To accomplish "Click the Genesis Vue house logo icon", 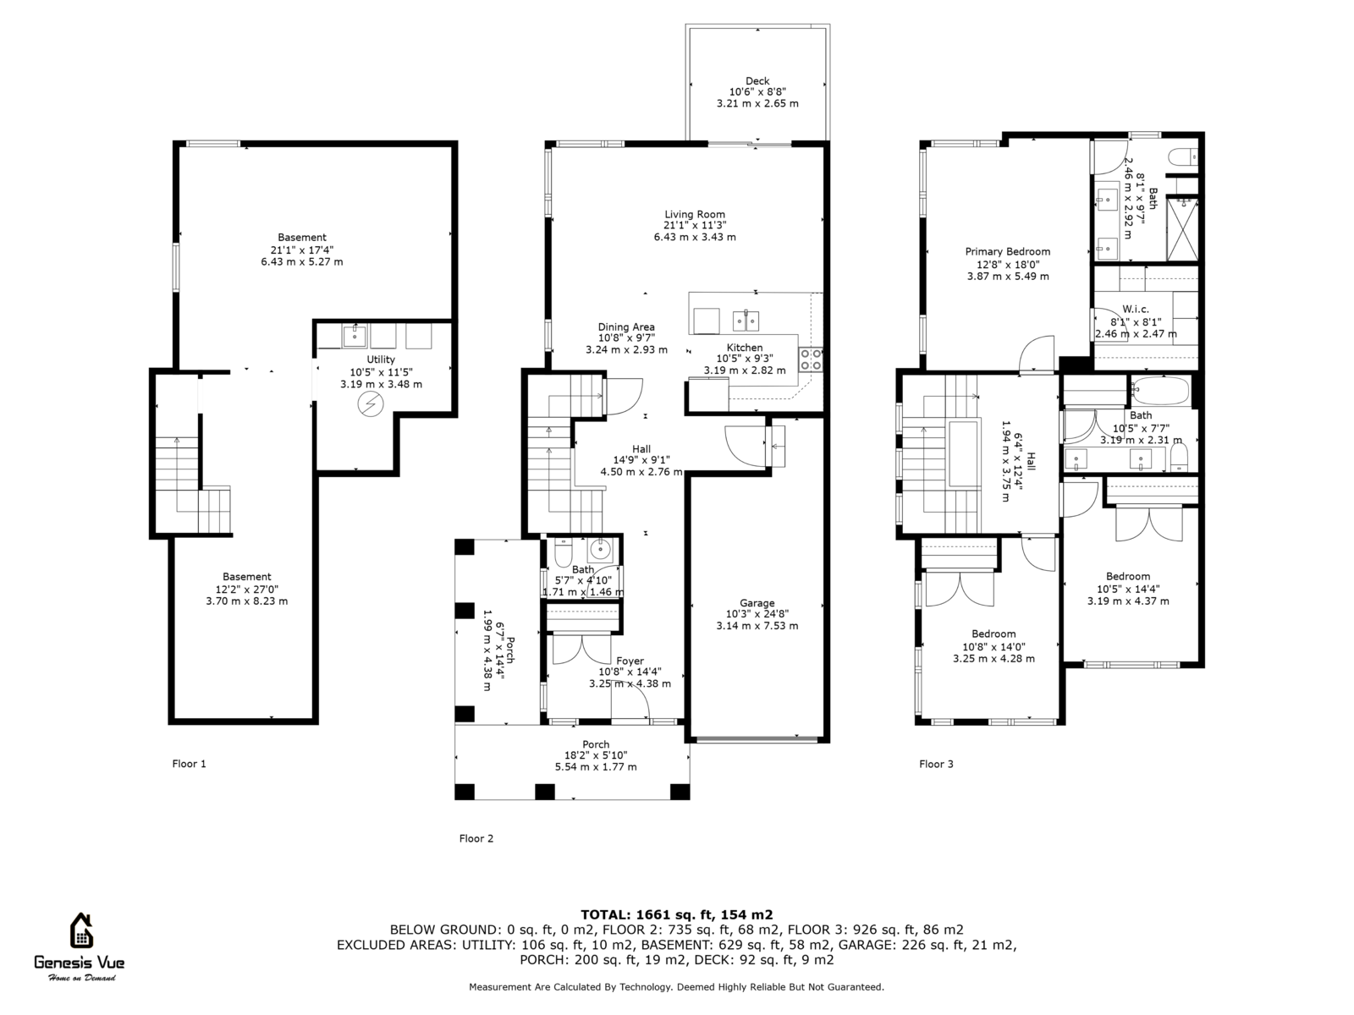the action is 81,930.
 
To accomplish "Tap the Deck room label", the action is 757,80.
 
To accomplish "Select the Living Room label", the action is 695,215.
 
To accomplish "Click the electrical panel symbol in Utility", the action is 371,404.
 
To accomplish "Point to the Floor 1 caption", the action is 189,764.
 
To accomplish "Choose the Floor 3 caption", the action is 936,764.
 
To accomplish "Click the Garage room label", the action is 757,603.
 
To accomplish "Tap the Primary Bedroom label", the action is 1007,251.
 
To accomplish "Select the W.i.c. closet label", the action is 1136,310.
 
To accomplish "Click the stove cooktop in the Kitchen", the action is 811,360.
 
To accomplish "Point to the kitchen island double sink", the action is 746,321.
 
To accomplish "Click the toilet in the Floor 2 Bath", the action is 564,553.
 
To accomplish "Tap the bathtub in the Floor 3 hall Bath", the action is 1159,391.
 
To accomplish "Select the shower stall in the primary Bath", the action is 1182,228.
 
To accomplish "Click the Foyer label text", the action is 630,661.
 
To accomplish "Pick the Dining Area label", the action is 626,327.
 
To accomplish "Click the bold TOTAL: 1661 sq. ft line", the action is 677,915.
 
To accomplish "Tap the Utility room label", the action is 381,359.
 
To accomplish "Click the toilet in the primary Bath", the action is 1183,157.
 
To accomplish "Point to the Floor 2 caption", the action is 476,838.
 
